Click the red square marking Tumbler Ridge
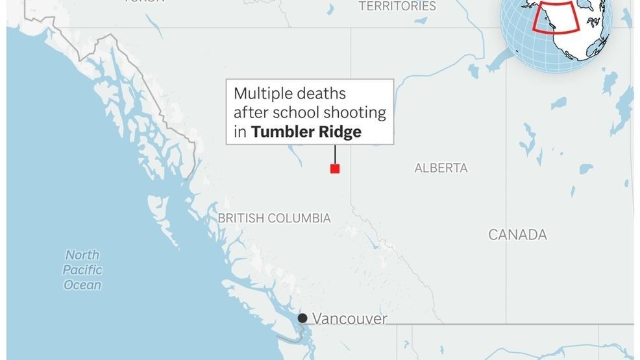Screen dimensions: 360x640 (335, 169)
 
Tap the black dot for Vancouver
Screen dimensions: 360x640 (302, 318)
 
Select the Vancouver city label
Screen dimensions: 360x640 (350, 318)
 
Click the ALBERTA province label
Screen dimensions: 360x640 (441, 168)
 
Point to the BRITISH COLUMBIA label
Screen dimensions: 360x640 (274, 219)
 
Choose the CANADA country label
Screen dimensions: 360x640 (517, 235)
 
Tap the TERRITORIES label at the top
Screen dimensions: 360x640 (397, 6)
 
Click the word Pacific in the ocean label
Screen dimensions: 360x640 (84, 270)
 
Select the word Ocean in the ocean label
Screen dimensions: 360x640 (82, 285)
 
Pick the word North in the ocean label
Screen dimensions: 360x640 (82, 255)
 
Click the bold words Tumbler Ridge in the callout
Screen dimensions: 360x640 (306, 132)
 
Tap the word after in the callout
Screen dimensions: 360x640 (249, 112)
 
